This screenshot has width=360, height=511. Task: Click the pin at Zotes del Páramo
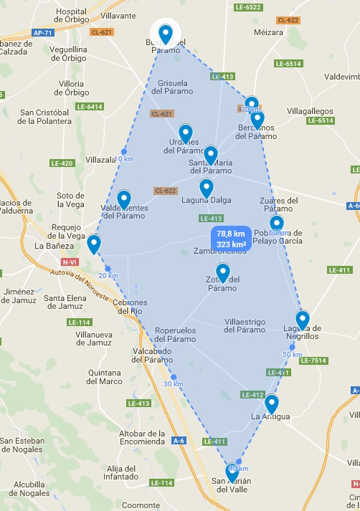click(223, 272)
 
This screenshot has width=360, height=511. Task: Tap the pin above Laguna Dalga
click(207, 188)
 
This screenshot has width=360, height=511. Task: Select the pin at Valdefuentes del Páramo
click(124, 199)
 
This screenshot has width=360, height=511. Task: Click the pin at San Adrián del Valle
click(232, 472)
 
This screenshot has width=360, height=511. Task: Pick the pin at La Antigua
click(271, 404)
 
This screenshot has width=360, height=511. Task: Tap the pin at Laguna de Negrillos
click(303, 320)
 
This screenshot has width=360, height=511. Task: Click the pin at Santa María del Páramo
click(210, 155)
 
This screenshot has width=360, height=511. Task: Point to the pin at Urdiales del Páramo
click(186, 133)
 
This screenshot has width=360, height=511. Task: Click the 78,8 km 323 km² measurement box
click(231, 239)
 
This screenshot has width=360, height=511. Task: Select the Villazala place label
click(100, 160)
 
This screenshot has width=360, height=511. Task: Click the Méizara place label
click(268, 32)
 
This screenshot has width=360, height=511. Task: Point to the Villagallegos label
click(311, 112)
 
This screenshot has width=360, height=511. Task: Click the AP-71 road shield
click(43, 33)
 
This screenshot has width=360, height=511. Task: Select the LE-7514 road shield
click(313, 360)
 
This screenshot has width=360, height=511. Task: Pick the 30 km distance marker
click(173, 383)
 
